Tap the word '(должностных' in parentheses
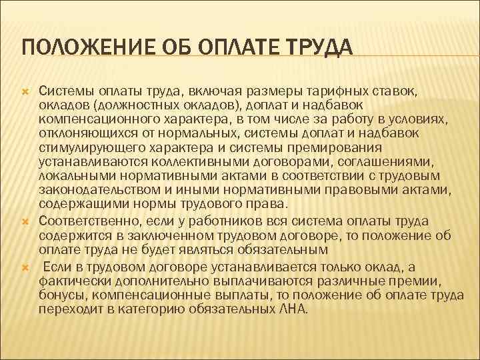pyautogui.click(x=132, y=104)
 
